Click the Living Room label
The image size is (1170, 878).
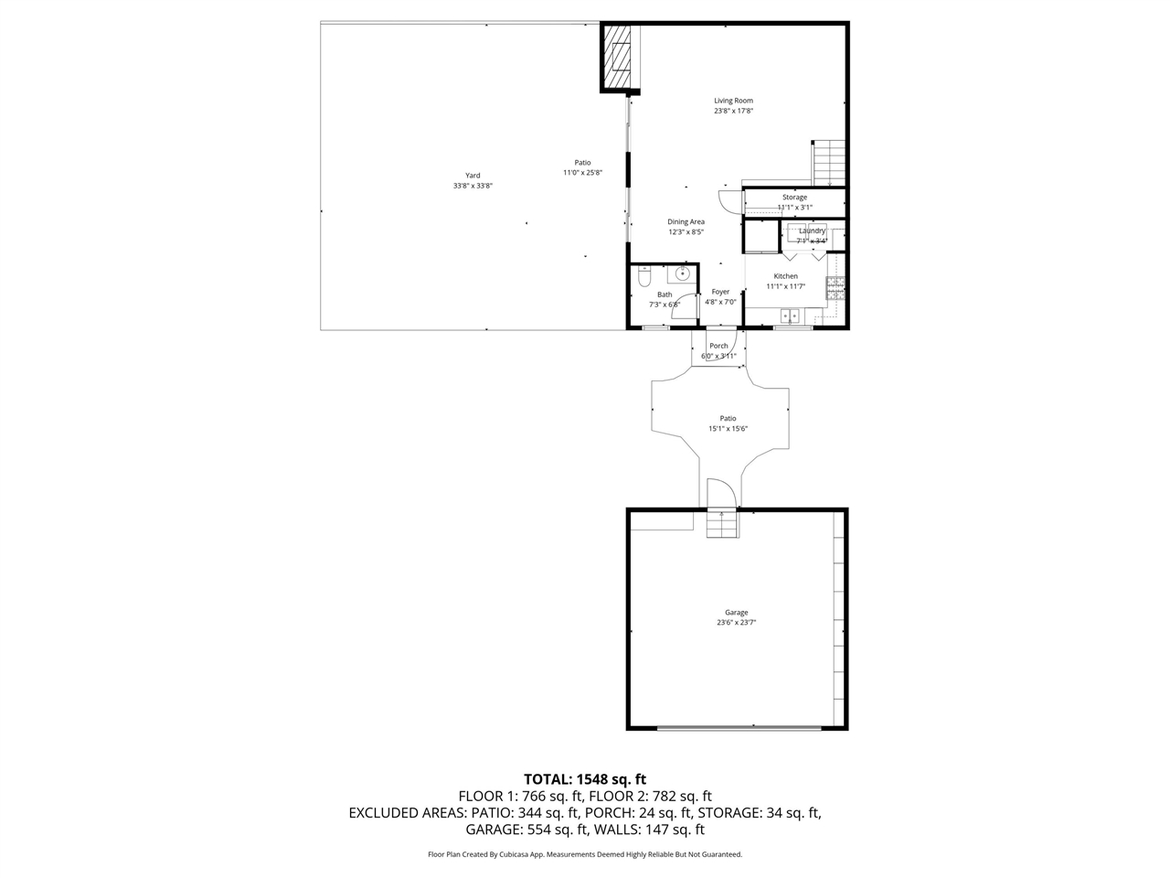[733, 101]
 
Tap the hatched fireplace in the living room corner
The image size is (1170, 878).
[621, 58]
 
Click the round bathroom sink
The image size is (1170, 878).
[683, 273]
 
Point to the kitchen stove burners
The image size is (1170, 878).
[835, 288]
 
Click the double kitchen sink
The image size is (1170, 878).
[790, 316]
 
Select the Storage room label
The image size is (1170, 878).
[794, 198]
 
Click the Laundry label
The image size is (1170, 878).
[812, 230]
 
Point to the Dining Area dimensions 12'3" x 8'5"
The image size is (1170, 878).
[686, 232]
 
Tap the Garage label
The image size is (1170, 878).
[736, 613]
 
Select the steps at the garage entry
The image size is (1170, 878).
[721, 524]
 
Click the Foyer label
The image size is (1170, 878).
[720, 292]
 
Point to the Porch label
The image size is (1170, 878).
[718, 346]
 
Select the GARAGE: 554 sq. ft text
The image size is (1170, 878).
[526, 830]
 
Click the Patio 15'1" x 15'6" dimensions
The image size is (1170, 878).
[728, 429]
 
